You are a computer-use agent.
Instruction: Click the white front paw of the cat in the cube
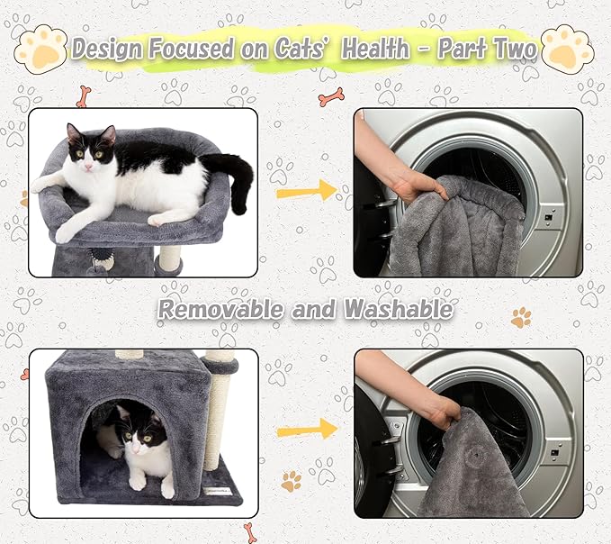(138, 482)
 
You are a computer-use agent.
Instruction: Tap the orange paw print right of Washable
(520, 317)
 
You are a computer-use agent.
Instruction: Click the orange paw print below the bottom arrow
(291, 481)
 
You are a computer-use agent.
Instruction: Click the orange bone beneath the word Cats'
(331, 96)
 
